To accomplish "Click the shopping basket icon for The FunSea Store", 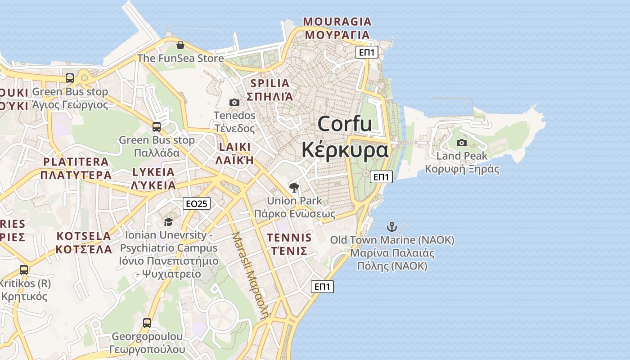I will pos(180,45).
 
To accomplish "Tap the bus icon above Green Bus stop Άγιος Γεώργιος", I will pos(70,78).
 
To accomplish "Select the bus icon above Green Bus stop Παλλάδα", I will pos(157,127).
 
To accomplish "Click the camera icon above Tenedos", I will pos(234,102).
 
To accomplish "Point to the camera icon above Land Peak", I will pos(461,143).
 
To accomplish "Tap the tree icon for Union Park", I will pos(294,187).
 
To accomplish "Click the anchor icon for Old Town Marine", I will pos(392,227).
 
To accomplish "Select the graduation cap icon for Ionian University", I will pos(168,222).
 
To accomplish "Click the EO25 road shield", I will pos(197,203).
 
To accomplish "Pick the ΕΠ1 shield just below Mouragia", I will pos(367,52).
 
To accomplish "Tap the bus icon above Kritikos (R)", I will pos(24,270).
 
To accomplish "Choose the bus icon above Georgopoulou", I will pos(147,323).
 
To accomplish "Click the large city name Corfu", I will pos(345,124).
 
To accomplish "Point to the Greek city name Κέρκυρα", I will pos(345,149).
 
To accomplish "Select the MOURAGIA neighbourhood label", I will pos(337,22).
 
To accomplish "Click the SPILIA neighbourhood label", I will pos(270,83).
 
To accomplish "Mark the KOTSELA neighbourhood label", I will pos(84,236).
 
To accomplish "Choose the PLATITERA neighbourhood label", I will pos(76,162).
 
